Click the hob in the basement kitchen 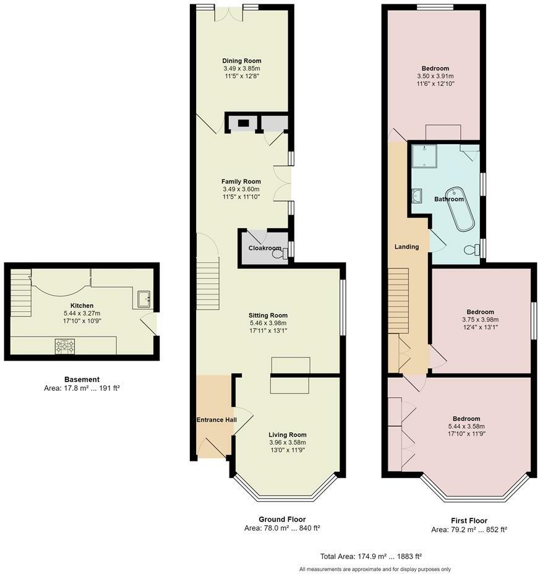pyautogui.click(x=65, y=346)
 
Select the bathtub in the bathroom pyautogui.click(x=460, y=209)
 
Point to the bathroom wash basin pyautogui.click(x=417, y=196)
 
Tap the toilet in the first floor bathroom pyautogui.click(x=472, y=250)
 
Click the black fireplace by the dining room pyautogui.click(x=244, y=123)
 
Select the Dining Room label pyautogui.click(x=242, y=61)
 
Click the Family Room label pyautogui.click(x=241, y=182)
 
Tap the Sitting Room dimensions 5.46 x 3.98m pyautogui.click(x=268, y=323)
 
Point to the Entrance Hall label pyautogui.click(x=216, y=420)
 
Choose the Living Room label pyautogui.click(x=288, y=435)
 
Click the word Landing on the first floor pyautogui.click(x=406, y=247)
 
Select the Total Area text pyautogui.click(x=371, y=557)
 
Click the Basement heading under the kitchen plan pyautogui.click(x=82, y=380)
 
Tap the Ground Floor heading pyautogui.click(x=282, y=519)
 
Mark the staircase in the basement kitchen pyautogui.click(x=20, y=293)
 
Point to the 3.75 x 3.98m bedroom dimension pyautogui.click(x=480, y=320)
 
